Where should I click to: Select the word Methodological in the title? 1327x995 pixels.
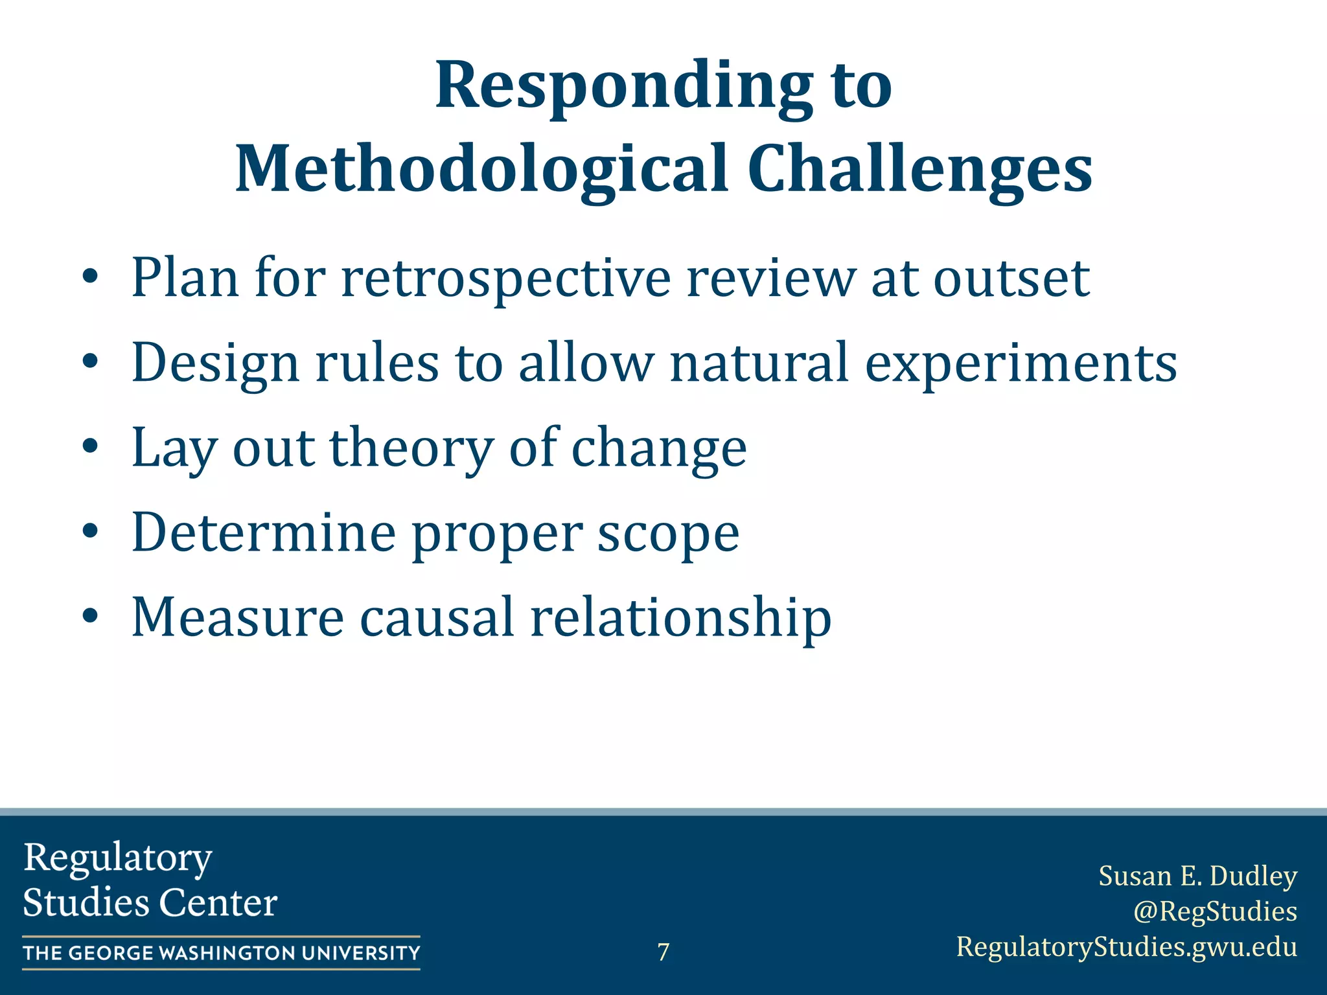[x=481, y=170]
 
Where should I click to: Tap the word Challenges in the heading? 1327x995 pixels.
[x=919, y=170]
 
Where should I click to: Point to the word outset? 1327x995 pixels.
[x=1011, y=279]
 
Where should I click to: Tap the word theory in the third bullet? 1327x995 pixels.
[x=411, y=448]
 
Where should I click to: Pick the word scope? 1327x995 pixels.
[x=667, y=534]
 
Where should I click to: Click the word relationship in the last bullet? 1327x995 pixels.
[x=680, y=617]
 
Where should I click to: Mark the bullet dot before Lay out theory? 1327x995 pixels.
[x=90, y=446]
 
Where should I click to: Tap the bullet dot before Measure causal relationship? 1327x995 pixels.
[x=90, y=616]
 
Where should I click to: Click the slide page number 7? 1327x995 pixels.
[x=663, y=952]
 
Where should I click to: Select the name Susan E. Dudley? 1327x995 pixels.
[x=1197, y=876]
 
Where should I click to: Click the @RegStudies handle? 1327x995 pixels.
[x=1214, y=911]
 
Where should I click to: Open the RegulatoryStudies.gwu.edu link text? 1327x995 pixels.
[x=1126, y=946]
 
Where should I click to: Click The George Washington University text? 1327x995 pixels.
[x=221, y=953]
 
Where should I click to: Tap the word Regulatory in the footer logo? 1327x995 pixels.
[x=118, y=858]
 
